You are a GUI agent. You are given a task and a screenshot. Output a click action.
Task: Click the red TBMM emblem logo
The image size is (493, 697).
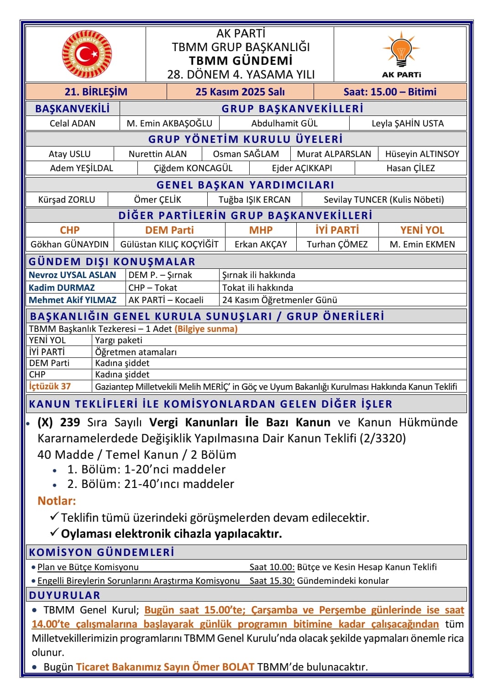pos(87,54)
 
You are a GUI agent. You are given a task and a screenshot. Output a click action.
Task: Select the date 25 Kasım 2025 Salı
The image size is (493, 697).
pos(240,92)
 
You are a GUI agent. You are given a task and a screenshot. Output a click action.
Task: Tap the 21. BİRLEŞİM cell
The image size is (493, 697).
pos(96,92)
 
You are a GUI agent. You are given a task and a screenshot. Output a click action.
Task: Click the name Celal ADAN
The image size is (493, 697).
pos(73,123)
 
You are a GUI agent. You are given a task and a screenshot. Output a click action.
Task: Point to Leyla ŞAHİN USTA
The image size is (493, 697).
pos(408,123)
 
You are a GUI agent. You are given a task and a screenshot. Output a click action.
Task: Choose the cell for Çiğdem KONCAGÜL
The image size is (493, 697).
pos(193,168)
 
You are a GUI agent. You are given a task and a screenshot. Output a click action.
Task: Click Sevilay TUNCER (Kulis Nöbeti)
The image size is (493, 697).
pos(383,199)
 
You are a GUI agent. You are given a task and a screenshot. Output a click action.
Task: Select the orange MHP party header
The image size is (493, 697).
pos(261,230)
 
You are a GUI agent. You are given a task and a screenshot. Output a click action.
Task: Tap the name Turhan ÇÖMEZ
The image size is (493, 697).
pos(337,244)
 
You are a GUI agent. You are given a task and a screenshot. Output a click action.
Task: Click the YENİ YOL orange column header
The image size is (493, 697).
pos(422,230)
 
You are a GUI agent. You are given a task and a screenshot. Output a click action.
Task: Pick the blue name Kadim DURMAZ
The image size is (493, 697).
pos(62,288)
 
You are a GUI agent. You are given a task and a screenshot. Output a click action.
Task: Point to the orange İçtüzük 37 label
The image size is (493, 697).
pos(50,386)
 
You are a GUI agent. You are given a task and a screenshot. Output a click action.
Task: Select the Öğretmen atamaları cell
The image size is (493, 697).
pos(136,352)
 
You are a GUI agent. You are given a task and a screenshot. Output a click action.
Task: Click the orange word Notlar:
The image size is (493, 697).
pos(57,501)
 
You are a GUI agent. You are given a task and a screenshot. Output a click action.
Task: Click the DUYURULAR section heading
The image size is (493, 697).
pos(64,595)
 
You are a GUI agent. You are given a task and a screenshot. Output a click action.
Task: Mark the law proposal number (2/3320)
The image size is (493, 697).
pos(383,438)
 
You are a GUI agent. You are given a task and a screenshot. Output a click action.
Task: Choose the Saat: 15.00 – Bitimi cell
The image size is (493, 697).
pos(390,92)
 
